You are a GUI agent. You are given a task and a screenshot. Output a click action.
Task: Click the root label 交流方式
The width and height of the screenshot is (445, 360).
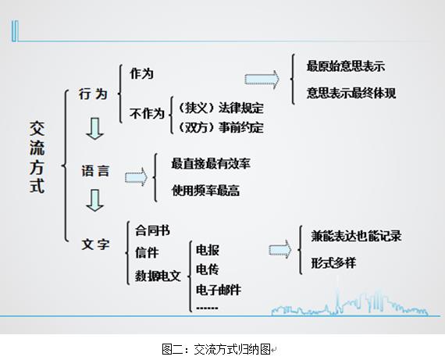[37, 157]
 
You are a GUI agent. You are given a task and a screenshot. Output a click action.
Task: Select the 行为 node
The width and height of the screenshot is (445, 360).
[93, 94]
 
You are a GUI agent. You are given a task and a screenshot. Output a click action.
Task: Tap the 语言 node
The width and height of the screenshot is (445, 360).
[95, 171]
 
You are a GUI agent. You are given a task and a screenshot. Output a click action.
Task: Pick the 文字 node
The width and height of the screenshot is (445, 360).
[95, 244]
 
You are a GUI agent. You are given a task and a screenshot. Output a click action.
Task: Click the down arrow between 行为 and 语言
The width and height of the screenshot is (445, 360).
[94, 129]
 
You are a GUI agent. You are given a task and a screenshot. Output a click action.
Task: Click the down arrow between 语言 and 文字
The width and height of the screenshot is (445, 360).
[94, 201]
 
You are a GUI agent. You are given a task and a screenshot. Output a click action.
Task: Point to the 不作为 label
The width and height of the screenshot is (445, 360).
[147, 113]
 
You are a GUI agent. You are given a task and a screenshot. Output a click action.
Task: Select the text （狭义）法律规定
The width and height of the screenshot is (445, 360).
[221, 108]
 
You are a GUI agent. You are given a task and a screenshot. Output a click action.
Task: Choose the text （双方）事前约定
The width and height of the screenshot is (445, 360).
[221, 127]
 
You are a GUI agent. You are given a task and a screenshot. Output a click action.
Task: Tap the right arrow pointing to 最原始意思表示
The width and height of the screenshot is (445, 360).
[262, 80]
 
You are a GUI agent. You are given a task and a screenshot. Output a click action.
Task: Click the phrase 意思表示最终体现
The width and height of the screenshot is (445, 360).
[351, 93]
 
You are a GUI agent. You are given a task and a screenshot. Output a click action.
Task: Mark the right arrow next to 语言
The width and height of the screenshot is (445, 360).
[136, 177]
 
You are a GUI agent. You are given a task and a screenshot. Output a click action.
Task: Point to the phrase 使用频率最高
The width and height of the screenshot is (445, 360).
[205, 191]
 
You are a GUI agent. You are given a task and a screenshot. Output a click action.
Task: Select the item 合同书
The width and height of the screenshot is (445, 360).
[152, 230]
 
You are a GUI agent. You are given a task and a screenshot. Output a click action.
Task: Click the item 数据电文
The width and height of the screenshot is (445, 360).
[158, 276]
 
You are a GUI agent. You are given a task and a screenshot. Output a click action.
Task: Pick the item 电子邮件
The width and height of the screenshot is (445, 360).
[219, 290]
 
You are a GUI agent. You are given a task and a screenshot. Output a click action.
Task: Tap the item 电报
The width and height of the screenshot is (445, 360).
[208, 250]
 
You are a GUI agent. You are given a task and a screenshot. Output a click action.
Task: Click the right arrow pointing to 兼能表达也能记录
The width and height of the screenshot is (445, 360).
[280, 250]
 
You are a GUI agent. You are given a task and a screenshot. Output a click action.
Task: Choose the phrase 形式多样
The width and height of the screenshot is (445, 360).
[333, 262]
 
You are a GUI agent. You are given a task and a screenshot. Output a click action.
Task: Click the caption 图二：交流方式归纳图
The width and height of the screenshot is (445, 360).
[216, 349]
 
